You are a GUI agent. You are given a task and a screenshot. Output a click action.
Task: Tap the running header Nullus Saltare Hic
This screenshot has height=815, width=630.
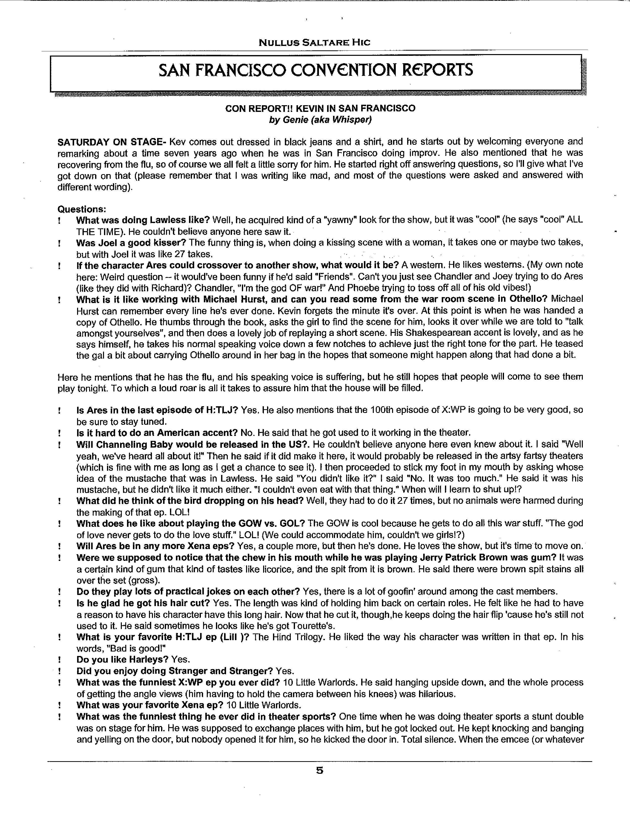(x=314, y=42)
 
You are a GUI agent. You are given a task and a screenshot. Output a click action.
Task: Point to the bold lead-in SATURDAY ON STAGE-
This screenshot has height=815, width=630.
(x=112, y=142)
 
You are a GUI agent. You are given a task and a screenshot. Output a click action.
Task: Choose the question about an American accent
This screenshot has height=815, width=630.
(x=157, y=433)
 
